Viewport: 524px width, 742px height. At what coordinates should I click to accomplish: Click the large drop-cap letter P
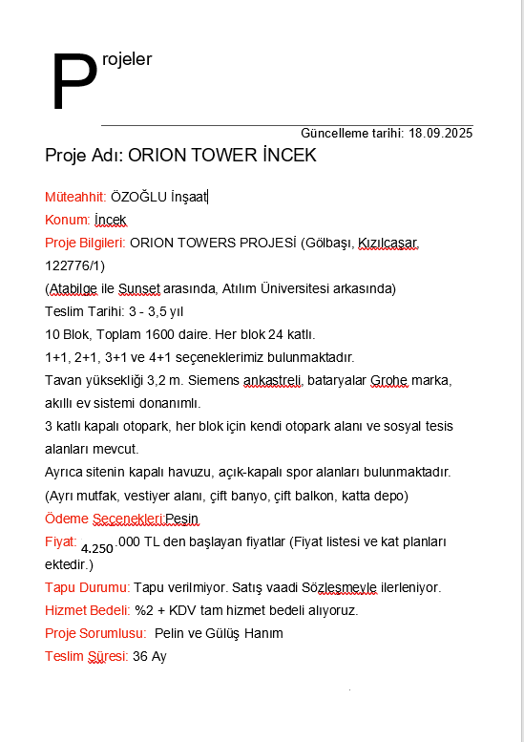73,83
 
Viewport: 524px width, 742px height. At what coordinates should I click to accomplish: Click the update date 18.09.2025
441,134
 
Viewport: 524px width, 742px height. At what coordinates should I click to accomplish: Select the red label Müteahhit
74,197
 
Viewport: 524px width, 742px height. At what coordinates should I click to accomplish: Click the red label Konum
67,220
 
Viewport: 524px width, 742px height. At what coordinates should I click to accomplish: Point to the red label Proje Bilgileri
84,243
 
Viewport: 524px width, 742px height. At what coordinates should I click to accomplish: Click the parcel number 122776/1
74,265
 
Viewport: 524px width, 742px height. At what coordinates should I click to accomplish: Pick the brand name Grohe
388,380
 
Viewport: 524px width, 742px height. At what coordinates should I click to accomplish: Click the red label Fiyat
59,541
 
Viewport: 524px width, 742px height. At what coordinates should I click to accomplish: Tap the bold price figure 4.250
97,548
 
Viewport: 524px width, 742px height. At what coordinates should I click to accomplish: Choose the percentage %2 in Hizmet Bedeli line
144,610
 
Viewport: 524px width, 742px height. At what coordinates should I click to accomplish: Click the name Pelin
170,633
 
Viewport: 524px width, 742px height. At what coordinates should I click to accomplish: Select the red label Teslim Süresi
85,656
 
